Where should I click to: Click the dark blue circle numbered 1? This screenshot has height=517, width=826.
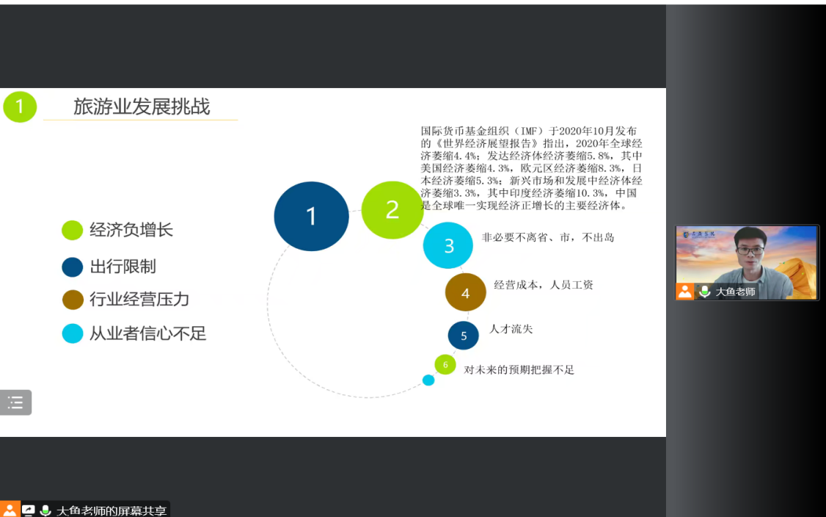pyautogui.click(x=311, y=217)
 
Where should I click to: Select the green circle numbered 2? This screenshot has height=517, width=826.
pyautogui.click(x=392, y=210)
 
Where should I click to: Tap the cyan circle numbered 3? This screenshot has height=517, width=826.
pyautogui.click(x=448, y=245)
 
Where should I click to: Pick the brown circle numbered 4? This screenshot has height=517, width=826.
pyautogui.click(x=466, y=292)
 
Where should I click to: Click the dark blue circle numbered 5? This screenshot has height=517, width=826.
pyautogui.click(x=464, y=336)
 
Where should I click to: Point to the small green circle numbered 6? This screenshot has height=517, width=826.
pyautogui.click(x=445, y=364)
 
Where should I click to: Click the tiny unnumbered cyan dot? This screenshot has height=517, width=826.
pyautogui.click(x=428, y=380)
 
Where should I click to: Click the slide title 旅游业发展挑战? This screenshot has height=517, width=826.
pyautogui.click(x=142, y=106)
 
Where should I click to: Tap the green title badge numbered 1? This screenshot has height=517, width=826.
pyautogui.click(x=20, y=106)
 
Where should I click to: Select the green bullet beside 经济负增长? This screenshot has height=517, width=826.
pyautogui.click(x=72, y=230)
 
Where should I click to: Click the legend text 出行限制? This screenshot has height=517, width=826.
pyautogui.click(x=123, y=267)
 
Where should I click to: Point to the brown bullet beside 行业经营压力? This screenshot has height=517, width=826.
pyautogui.click(x=73, y=300)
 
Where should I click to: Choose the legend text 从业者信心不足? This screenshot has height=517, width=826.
pyautogui.click(x=147, y=333)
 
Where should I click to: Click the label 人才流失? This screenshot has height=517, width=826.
pyautogui.click(x=511, y=329)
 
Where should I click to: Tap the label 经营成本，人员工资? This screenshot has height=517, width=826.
pyautogui.click(x=544, y=285)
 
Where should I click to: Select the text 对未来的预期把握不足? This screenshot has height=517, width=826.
pyautogui.click(x=519, y=370)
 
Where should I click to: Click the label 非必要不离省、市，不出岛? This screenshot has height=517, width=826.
pyautogui.click(x=548, y=237)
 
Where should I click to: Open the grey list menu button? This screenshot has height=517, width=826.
pyautogui.click(x=16, y=402)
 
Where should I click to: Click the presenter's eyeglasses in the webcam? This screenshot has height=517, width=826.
pyautogui.click(x=750, y=251)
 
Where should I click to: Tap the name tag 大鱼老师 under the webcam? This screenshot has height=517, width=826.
pyautogui.click(x=735, y=292)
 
